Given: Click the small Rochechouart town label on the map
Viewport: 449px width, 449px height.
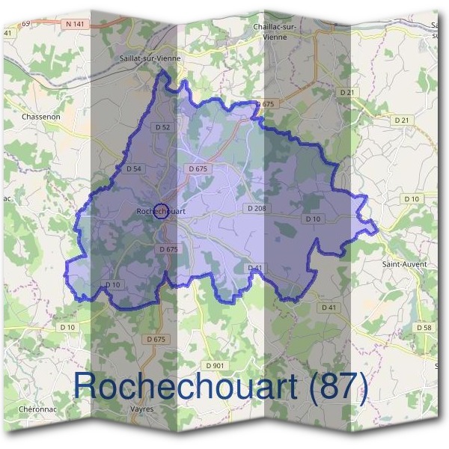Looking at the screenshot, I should pos(160,212).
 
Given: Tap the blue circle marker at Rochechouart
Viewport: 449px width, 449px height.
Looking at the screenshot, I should pos(160,212).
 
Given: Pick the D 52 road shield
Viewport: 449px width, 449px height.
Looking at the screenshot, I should pos(163,127).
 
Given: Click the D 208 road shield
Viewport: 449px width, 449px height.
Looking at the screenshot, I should pos(255,207).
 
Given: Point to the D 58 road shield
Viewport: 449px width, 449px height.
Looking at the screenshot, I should pos(424,328).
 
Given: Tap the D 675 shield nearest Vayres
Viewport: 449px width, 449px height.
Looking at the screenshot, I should pos(156,339).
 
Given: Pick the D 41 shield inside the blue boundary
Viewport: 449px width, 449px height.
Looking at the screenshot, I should pos(256,267).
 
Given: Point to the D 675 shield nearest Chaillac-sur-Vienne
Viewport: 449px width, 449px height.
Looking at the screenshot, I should pos(265,103).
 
